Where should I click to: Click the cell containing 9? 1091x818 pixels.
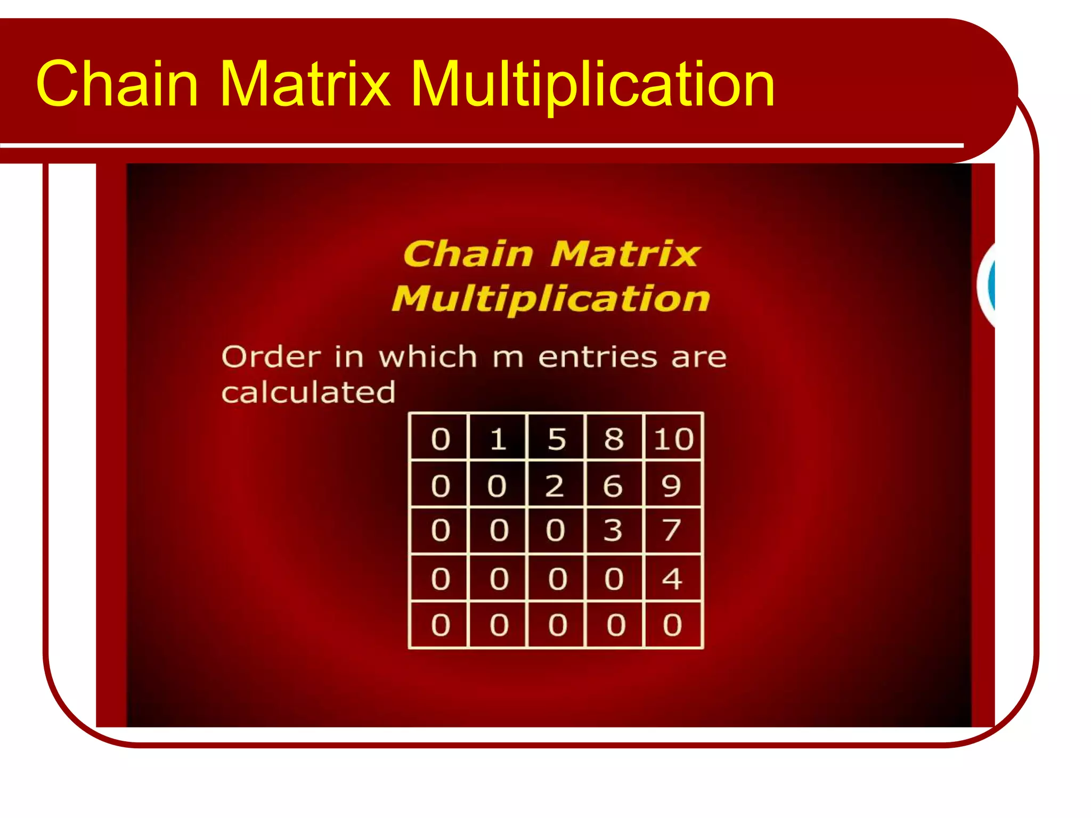pos(672,485)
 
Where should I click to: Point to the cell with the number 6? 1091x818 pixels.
pos(613,485)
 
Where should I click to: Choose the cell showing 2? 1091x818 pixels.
pos(554,485)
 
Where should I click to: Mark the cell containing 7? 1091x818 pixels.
pos(672,530)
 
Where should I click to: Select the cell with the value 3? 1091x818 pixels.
pos(613,530)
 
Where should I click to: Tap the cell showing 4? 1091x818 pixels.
pos(672,578)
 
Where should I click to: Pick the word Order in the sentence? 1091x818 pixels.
pos(271,356)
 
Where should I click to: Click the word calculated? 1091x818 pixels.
pos(308,392)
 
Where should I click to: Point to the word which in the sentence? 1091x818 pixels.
pos(428,356)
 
